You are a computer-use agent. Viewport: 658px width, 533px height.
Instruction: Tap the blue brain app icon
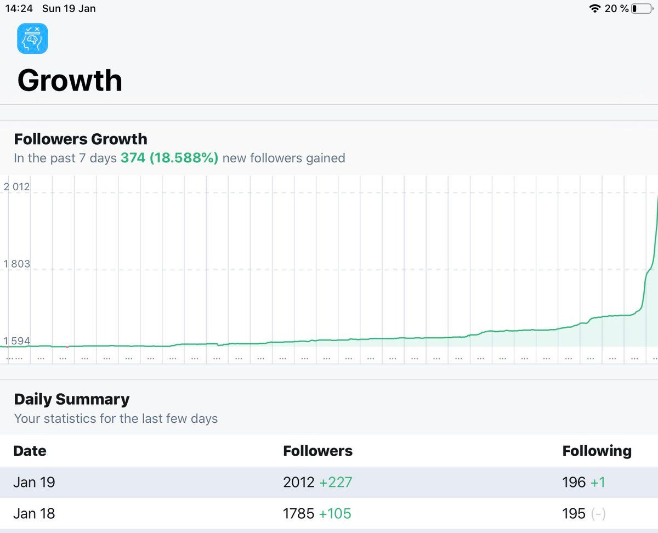tap(32, 38)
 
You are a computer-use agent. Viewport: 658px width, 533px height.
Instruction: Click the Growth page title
tap(70, 81)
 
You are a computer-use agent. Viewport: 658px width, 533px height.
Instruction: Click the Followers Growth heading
tap(81, 139)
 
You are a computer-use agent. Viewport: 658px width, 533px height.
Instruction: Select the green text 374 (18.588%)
tap(169, 158)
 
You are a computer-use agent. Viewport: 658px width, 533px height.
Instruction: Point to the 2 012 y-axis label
tap(16, 187)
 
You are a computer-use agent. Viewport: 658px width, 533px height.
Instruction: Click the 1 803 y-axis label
tap(16, 264)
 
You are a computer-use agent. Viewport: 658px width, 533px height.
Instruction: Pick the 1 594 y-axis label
tap(16, 341)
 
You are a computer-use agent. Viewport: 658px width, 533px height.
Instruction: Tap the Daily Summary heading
tap(72, 399)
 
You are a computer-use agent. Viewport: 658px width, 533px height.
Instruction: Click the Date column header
tap(30, 451)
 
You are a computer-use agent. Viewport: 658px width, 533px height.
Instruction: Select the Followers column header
tap(317, 451)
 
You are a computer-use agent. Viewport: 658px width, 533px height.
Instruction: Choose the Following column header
tap(597, 451)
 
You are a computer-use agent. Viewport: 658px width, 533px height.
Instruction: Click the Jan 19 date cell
tap(34, 482)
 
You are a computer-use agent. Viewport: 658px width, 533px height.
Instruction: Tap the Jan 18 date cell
tap(34, 514)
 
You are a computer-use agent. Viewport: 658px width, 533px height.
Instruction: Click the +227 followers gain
tap(336, 482)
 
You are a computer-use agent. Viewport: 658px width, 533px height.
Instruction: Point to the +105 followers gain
tap(335, 514)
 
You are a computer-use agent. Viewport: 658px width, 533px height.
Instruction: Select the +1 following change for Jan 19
tap(598, 482)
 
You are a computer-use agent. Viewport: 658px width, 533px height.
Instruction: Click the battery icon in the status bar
tap(642, 9)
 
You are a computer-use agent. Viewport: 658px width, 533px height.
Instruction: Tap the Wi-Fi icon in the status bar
tap(594, 9)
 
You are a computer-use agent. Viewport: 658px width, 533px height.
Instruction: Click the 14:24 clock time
tap(19, 9)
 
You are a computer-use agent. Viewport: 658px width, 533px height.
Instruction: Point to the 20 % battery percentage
tap(617, 9)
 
